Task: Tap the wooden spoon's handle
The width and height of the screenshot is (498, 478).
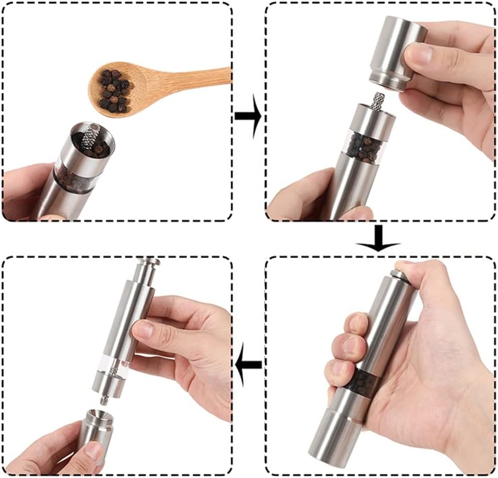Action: (x=191, y=77)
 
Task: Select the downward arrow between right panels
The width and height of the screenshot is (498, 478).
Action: (x=377, y=238)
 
